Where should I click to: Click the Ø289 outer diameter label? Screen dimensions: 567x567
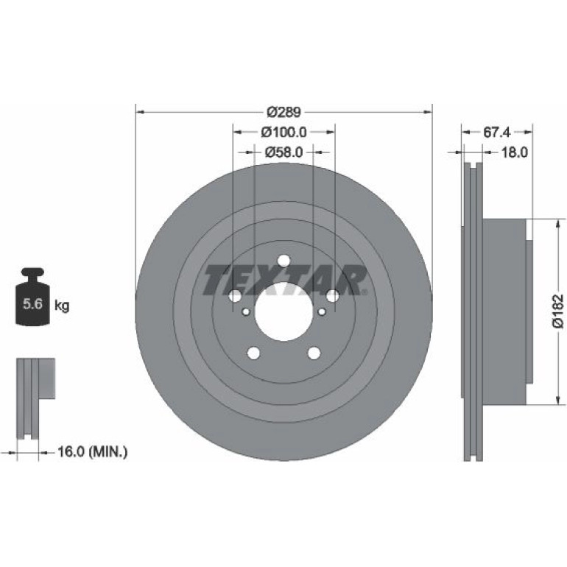[x=283, y=113]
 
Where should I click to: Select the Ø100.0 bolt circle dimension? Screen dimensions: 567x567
[x=283, y=133]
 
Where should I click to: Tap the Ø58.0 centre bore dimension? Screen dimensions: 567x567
[x=283, y=152]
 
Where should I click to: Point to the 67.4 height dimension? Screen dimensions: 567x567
[x=497, y=133]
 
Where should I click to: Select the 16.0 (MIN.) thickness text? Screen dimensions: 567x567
[x=93, y=451]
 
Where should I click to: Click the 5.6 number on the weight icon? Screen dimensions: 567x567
[x=33, y=303]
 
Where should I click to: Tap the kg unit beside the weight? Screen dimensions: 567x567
[x=61, y=306]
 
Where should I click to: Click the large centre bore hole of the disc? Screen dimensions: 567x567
[x=283, y=311]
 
